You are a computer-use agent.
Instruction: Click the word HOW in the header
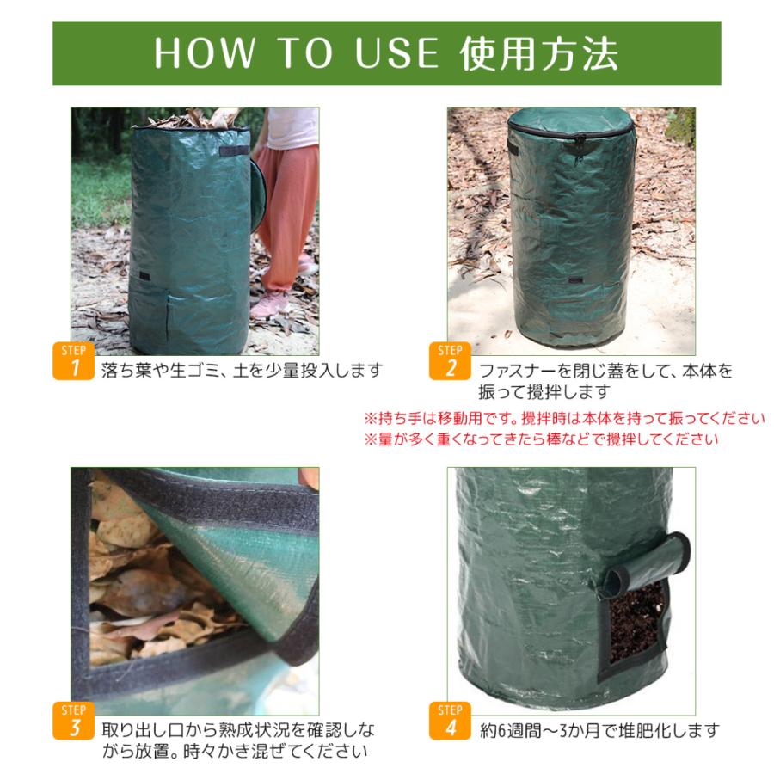205,52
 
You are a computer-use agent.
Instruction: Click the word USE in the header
396,52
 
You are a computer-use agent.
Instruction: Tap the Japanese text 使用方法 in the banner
538,52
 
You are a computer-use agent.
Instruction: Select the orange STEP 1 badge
74,361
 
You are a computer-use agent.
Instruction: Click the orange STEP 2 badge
450,361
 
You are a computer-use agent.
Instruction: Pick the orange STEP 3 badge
74,721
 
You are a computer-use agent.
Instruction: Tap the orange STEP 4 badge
450,721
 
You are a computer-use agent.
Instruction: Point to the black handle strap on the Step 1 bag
234,150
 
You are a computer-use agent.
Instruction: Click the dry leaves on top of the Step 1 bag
193,119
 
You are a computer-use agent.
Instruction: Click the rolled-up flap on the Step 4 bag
647,562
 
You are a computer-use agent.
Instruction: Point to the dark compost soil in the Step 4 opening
636,623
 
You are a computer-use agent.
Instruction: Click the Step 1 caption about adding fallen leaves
242,370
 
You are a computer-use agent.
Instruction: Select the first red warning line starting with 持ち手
564,418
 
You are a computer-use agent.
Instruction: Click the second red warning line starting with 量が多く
541,439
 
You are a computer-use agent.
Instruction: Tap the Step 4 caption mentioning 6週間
599,729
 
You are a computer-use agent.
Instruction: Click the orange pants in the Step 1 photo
286,207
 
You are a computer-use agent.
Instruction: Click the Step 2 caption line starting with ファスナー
606,370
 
